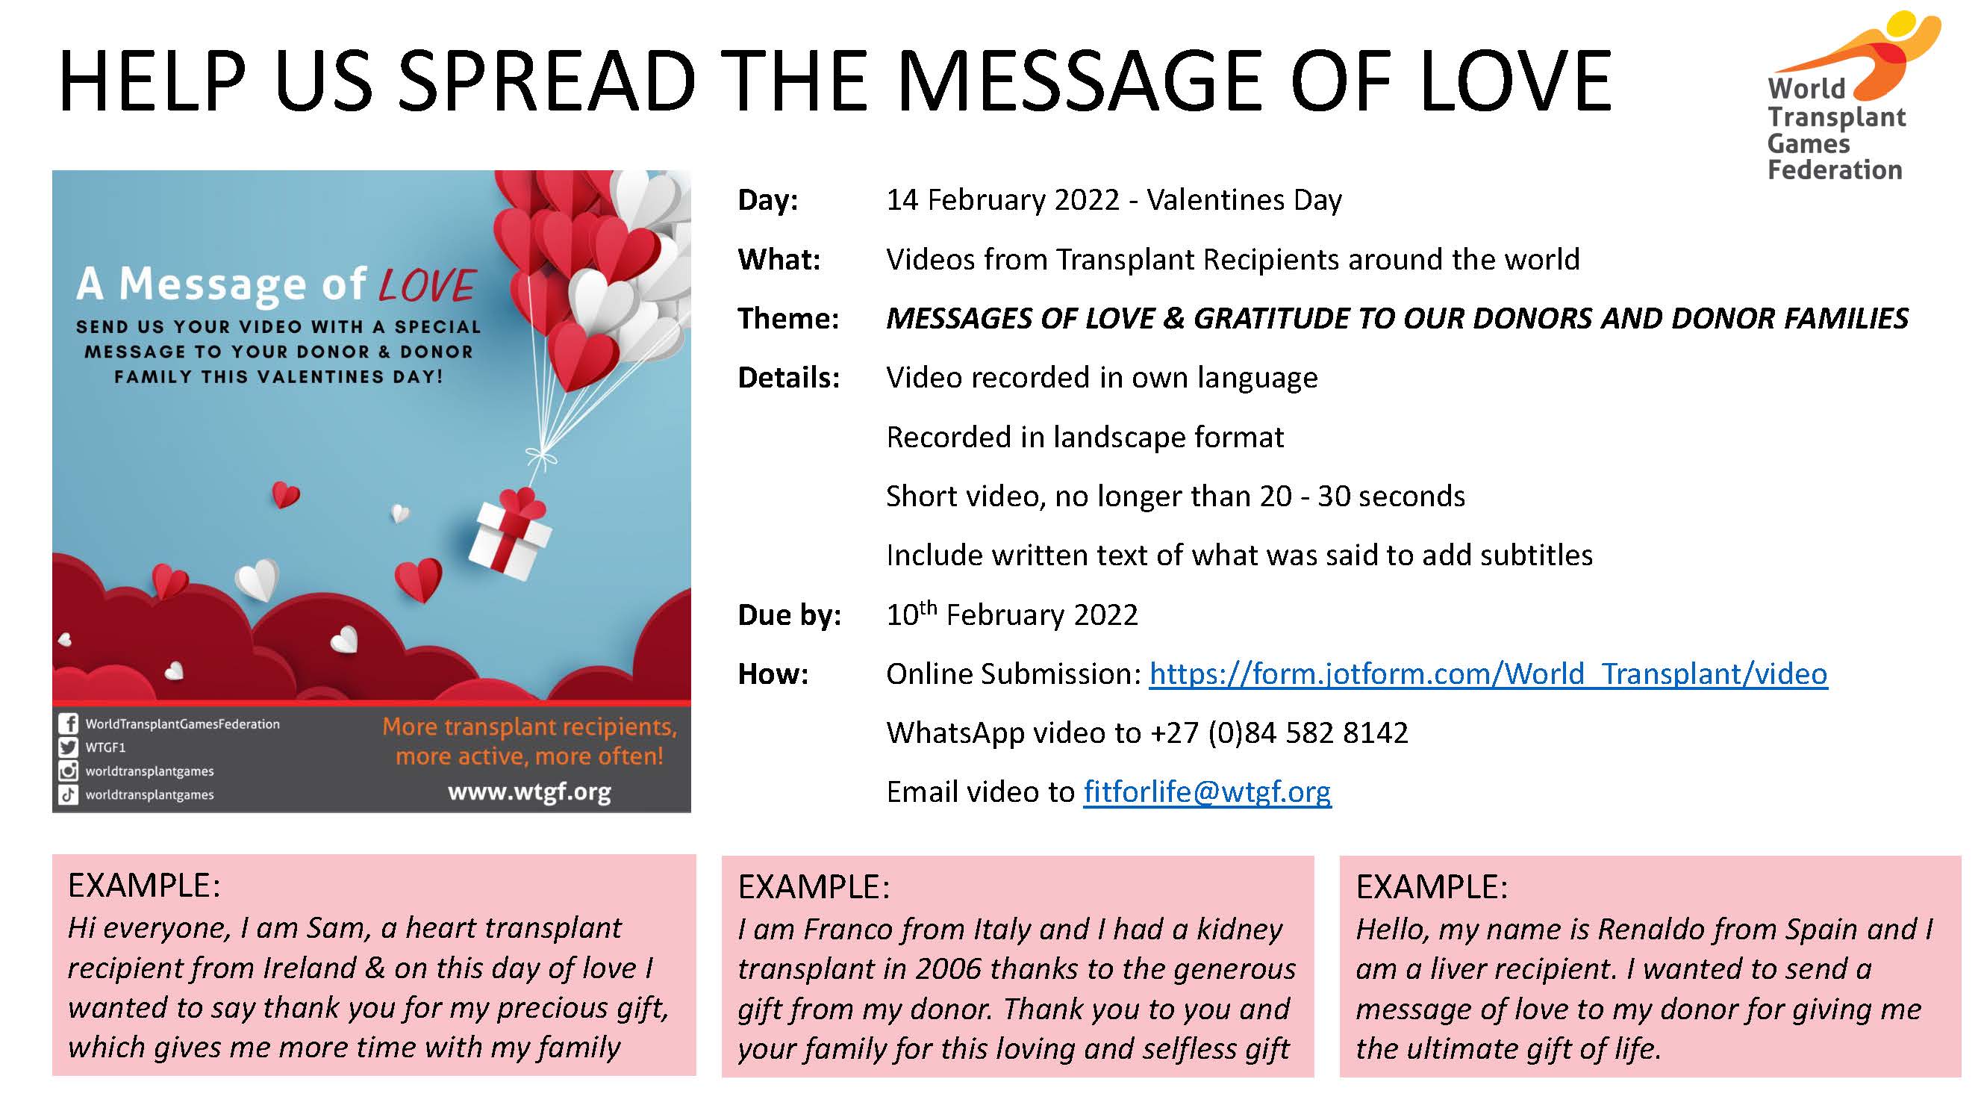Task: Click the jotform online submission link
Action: click(x=1488, y=673)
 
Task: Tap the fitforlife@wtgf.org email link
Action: click(x=1208, y=791)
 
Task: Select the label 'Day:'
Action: click(x=768, y=200)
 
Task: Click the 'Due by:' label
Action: click(x=790, y=615)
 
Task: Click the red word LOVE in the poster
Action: click(x=428, y=284)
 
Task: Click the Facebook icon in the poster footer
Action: click(x=69, y=724)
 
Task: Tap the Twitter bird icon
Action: click(x=69, y=747)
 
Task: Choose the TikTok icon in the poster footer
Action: click(x=69, y=794)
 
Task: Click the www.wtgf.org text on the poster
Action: click(x=529, y=791)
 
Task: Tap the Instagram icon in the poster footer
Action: click(x=69, y=771)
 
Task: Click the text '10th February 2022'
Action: click(x=1012, y=614)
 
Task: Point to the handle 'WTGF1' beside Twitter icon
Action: click(x=105, y=747)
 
